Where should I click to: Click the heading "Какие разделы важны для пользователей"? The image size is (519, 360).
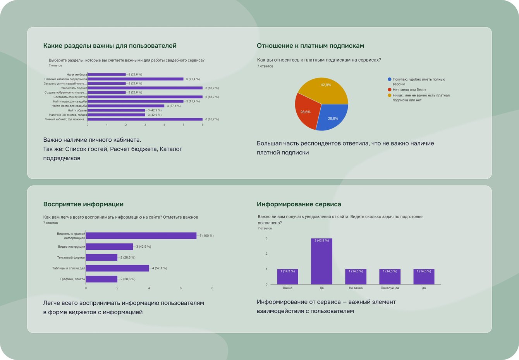coord(110,46)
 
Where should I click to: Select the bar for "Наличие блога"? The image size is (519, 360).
coord(107,74)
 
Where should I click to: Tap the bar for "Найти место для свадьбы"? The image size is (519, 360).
coord(126,106)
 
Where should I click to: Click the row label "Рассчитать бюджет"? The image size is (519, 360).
coord(74,88)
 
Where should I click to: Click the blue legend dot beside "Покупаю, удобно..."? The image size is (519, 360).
coord(390,79)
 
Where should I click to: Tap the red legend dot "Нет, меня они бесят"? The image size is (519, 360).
coord(390,89)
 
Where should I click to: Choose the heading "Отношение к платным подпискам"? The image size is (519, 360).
coord(310,46)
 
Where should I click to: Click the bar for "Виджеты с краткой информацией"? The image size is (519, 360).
coord(141,236)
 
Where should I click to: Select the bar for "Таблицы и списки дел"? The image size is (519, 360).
coord(117,268)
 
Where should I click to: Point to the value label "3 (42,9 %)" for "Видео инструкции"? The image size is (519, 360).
coord(143,247)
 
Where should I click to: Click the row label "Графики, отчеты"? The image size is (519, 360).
coord(72,279)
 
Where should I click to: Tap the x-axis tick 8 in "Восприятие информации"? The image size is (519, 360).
coord(212,288)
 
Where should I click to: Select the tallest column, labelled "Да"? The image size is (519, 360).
coord(321,261)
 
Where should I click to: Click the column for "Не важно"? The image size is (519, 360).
coord(356,277)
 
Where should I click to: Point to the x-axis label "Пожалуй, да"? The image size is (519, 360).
coord(390,288)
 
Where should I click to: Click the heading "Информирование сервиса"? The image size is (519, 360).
coord(299,204)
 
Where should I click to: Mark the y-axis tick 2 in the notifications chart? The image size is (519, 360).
coord(266,254)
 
